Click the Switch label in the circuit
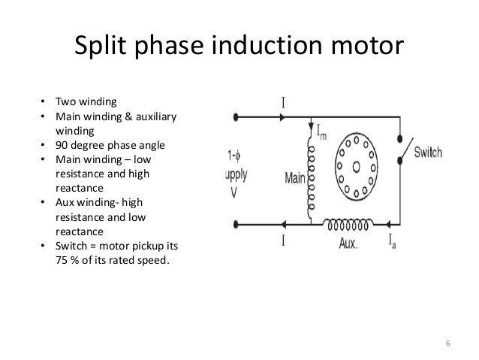click(426, 152)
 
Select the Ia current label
click(392, 242)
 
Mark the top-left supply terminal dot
click(236, 116)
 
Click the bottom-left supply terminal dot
click(236, 224)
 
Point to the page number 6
click(447, 345)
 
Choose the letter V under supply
click(233, 190)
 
